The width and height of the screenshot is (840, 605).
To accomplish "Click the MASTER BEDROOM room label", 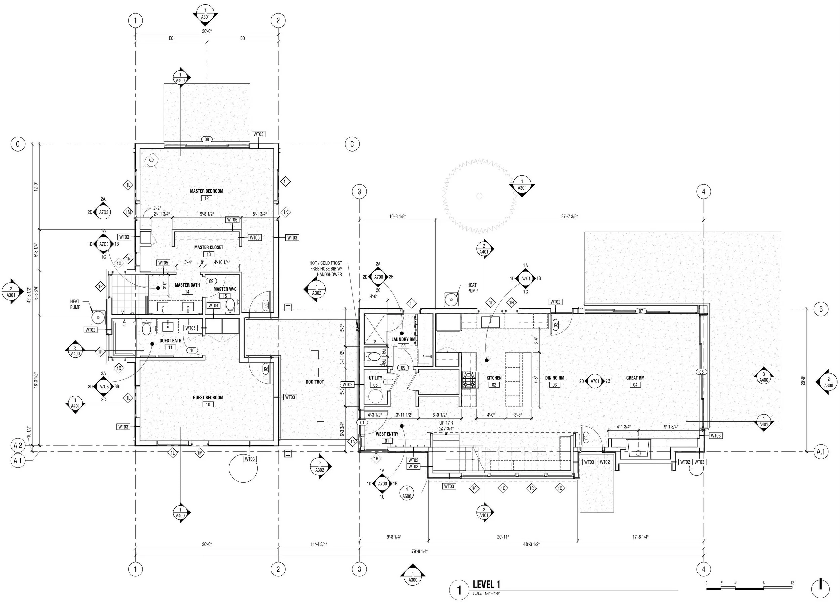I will click(x=206, y=191).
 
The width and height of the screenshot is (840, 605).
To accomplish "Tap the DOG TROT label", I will click(x=314, y=382).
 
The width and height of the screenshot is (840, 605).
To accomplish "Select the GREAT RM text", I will click(x=635, y=378).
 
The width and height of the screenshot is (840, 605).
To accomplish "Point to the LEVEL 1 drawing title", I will click(x=486, y=584).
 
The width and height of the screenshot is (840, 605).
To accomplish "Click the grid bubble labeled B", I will click(x=821, y=309).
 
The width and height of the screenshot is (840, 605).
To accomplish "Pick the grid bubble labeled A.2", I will click(x=18, y=446).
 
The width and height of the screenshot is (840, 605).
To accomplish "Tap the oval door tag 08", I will click(x=207, y=140).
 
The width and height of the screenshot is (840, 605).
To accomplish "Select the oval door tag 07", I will click(x=641, y=311).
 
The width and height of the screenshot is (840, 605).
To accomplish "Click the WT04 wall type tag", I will click(x=213, y=305).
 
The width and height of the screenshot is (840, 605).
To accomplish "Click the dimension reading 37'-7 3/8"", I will click(x=569, y=217).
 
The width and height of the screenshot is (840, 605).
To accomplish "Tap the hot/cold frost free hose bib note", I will click(x=326, y=269).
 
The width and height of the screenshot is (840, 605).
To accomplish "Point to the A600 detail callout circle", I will click(x=407, y=493).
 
